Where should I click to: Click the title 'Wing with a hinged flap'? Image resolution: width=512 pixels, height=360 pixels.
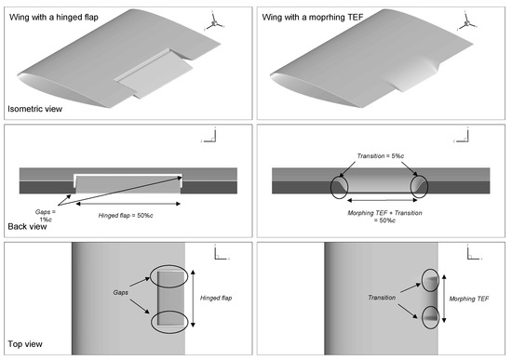tap(54, 18)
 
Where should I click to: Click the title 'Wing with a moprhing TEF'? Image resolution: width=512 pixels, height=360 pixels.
tap(313, 17)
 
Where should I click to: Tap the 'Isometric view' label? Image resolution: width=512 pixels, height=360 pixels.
tap(35, 109)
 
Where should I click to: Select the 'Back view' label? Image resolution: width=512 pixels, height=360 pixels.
tap(27, 226)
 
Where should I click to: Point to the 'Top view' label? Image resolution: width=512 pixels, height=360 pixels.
tap(25, 344)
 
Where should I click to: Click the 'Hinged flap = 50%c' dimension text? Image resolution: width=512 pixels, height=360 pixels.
tap(126, 216)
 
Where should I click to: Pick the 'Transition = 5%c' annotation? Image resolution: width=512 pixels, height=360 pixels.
tap(381, 156)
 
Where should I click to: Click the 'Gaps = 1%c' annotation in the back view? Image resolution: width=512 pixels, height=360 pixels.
tap(46, 216)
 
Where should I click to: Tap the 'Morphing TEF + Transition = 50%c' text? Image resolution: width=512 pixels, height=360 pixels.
tap(384, 217)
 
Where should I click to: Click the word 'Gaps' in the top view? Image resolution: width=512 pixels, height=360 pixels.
tap(120, 292)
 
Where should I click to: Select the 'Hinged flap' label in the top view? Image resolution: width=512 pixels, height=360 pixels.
tap(216, 298)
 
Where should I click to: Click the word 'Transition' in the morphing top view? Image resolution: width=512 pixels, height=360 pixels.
tap(382, 298)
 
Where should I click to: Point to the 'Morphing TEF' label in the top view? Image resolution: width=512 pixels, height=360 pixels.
tap(469, 299)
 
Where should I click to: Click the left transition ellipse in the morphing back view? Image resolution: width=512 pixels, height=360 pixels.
tap(330, 187)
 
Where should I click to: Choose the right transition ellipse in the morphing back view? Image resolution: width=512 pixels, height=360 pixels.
tap(411, 187)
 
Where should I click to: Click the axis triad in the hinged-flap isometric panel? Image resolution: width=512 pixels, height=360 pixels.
tap(214, 23)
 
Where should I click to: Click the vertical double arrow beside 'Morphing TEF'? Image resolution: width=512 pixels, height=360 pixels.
tap(444, 299)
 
